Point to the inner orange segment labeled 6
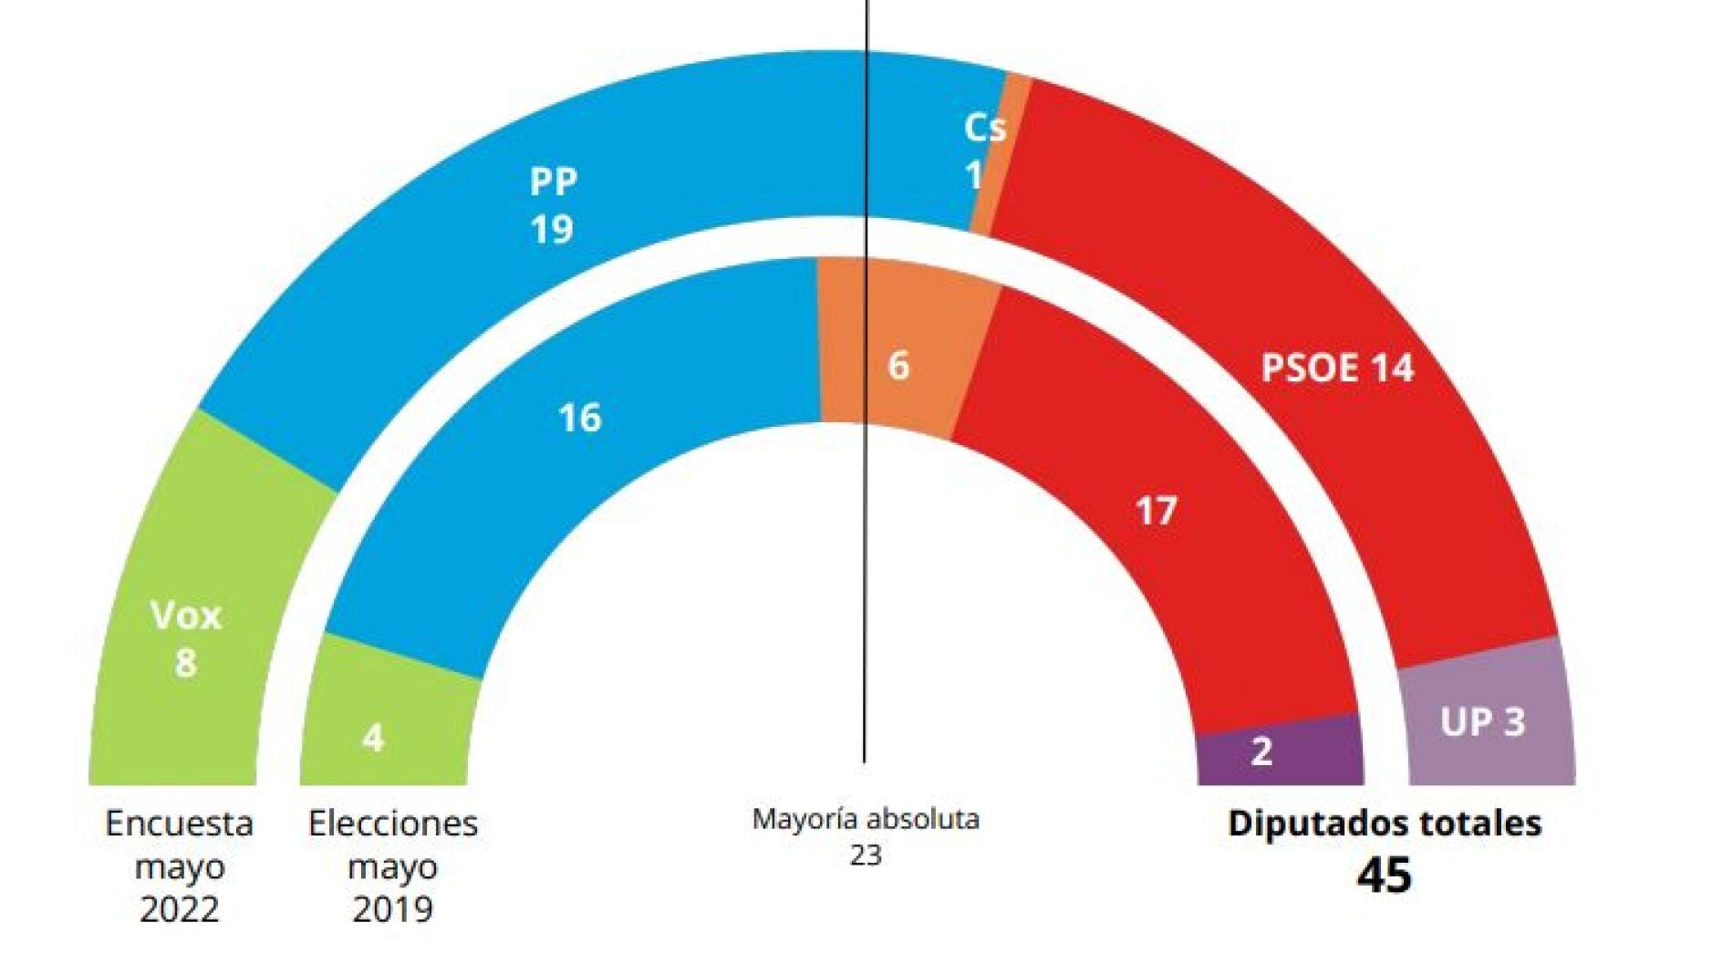point(898,365)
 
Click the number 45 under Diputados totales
point(1384,876)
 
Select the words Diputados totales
point(1384,824)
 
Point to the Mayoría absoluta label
point(865,819)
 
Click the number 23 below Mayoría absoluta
point(865,855)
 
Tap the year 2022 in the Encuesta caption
point(179,909)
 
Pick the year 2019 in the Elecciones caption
point(392,909)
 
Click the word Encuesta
point(179,824)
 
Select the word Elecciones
point(392,824)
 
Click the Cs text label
point(984,129)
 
